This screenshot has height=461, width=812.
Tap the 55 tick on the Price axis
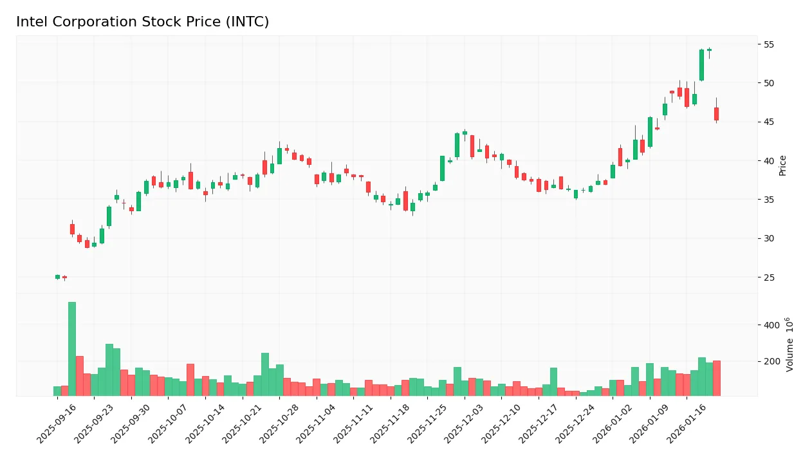click(x=769, y=44)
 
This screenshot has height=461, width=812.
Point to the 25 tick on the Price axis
click(x=769, y=278)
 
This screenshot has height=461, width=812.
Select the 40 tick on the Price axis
click(x=769, y=161)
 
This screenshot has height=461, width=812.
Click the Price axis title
click(x=783, y=165)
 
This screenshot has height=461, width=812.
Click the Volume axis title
click(x=790, y=344)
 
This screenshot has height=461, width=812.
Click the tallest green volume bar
click(x=72, y=349)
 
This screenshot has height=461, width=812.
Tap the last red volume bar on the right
click(x=716, y=378)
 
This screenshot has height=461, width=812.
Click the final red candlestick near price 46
click(x=716, y=114)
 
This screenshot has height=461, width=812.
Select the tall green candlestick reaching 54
click(x=701, y=65)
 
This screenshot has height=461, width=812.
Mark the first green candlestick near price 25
click(x=57, y=277)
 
